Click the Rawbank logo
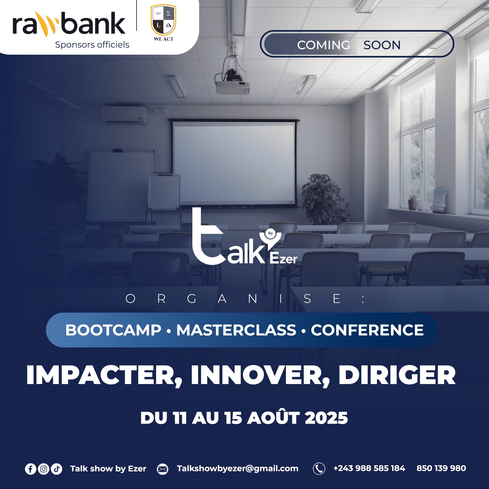pyautogui.click(x=69, y=24)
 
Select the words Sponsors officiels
pyautogui.click(x=92, y=45)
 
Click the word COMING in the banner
pyautogui.click(x=323, y=45)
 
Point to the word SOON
pyautogui.click(x=382, y=45)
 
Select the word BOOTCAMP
pyautogui.click(x=113, y=330)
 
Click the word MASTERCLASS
pyautogui.click(x=236, y=330)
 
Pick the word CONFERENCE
pyautogui.click(x=367, y=330)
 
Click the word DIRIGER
pyautogui.click(x=397, y=375)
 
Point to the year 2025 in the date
pyautogui.click(x=326, y=418)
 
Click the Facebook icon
pyautogui.click(x=30, y=469)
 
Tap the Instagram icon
pyautogui.click(x=43, y=469)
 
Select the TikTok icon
pyautogui.click(x=57, y=469)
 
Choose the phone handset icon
pyautogui.click(x=319, y=469)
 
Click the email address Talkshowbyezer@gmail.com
pyautogui.click(x=238, y=469)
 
